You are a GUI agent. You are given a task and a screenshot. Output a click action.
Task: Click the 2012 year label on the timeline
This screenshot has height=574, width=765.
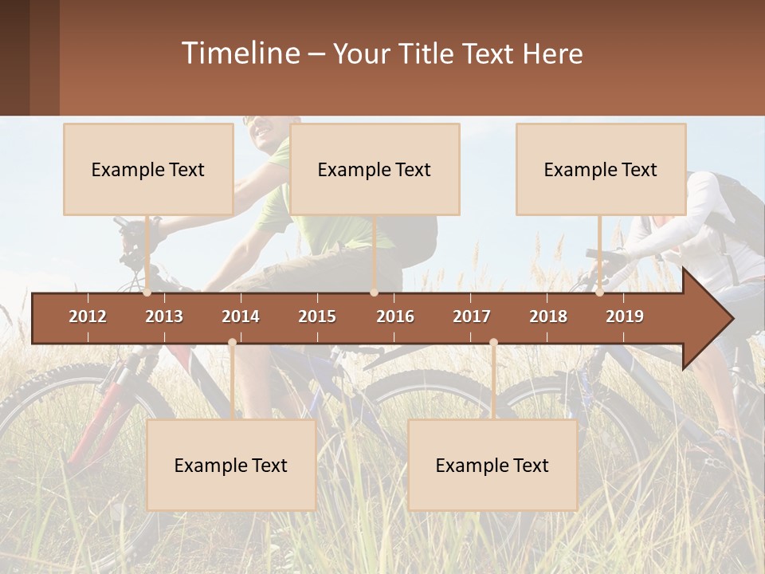88,316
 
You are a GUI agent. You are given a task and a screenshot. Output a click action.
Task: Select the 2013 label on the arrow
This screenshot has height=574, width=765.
164,316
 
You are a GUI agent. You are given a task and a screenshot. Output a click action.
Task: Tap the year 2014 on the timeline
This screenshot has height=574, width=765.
241,316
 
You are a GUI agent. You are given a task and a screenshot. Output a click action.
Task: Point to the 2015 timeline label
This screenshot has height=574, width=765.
317,316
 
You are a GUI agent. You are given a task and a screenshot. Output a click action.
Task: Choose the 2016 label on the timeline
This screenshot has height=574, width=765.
395,316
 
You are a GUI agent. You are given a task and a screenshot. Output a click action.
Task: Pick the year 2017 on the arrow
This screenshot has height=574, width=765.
472,316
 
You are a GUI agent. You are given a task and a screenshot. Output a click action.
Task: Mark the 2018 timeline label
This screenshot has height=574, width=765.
548,316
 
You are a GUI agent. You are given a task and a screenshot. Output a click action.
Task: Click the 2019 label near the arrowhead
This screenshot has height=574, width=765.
625,316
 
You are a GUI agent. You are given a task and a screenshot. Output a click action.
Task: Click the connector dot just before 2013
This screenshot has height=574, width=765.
147,293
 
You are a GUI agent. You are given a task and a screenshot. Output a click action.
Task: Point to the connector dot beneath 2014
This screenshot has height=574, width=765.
232,343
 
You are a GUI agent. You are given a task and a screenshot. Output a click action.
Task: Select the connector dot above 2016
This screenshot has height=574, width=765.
374,293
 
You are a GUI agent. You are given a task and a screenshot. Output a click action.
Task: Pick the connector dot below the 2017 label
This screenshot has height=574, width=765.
493,343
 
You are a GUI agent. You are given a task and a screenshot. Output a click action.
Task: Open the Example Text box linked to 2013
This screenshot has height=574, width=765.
148,169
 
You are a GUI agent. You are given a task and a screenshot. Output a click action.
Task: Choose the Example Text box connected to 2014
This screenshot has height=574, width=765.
231,465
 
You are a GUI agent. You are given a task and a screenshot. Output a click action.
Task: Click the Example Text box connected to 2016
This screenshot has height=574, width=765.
375,169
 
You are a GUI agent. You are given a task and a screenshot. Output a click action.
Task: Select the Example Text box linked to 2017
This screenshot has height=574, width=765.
492,465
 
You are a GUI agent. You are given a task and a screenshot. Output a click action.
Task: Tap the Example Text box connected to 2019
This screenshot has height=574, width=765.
601,169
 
